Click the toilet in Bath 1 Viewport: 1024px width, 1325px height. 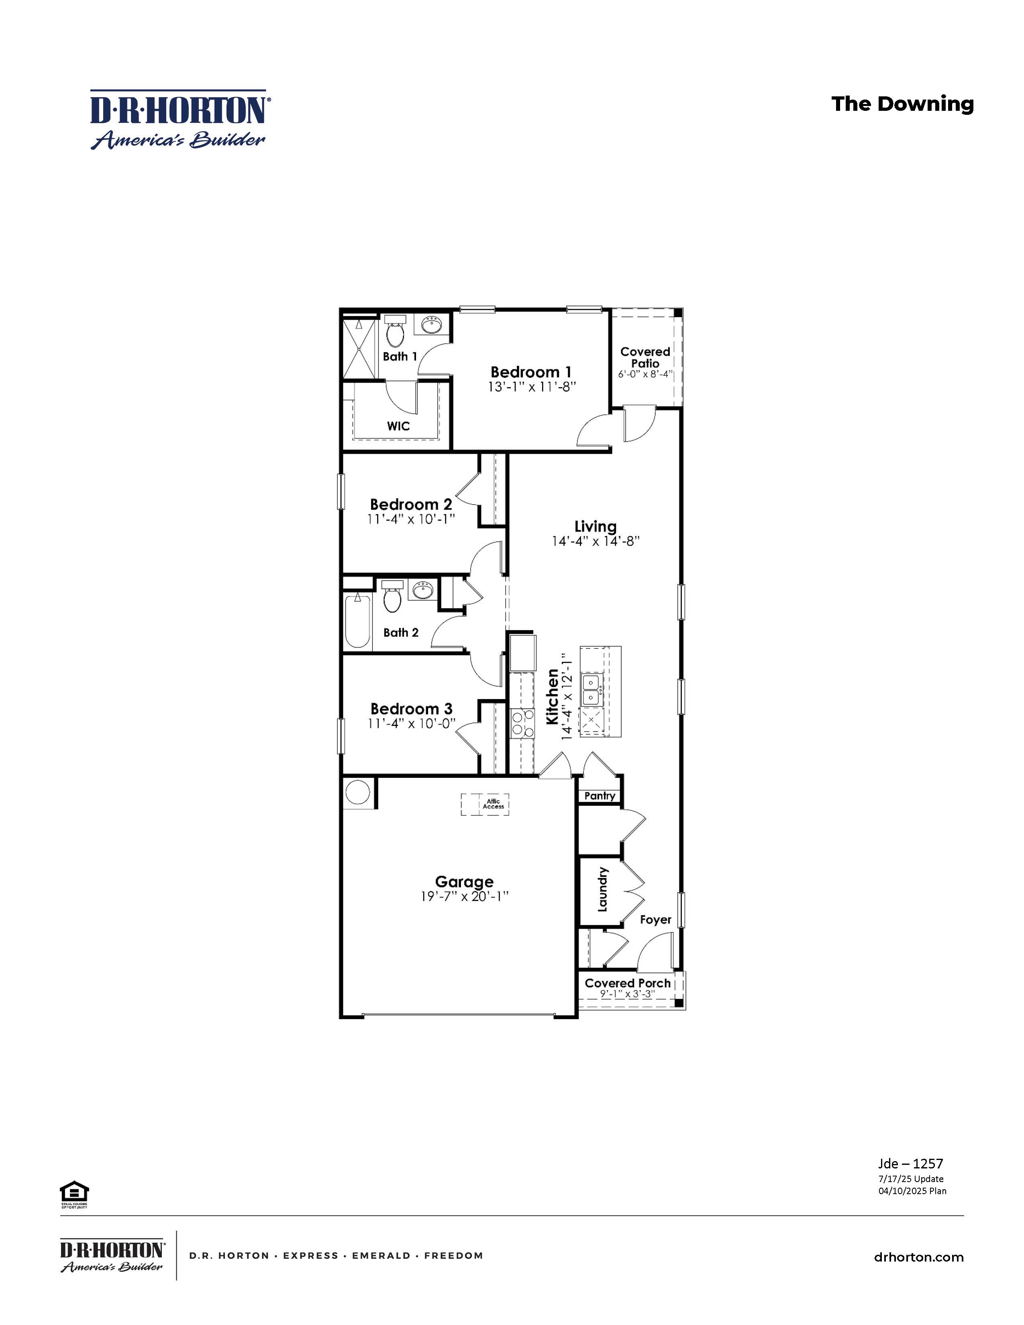pos(394,332)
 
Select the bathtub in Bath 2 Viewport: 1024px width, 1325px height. pos(358,621)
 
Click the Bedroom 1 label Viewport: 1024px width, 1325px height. pos(531,372)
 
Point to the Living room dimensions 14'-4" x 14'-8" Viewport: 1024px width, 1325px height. pos(596,541)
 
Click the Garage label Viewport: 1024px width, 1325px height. pos(464,881)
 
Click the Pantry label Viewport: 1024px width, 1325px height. pos(600,796)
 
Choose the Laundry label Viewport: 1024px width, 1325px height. pos(602,889)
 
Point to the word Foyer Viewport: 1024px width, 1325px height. pos(655,920)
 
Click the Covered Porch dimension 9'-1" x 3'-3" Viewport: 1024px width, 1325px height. pos(627,994)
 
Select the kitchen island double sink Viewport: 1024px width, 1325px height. pos(592,691)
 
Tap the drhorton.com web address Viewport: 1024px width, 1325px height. pos(918,1257)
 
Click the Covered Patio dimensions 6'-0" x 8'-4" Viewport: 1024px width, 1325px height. pos(645,374)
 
